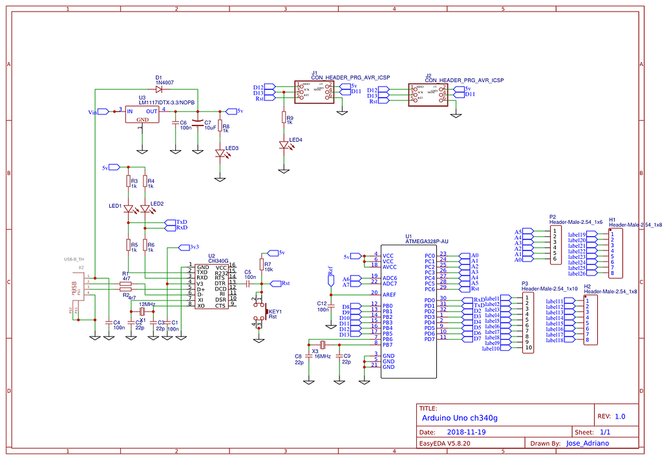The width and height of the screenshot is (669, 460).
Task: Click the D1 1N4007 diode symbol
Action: click(x=159, y=89)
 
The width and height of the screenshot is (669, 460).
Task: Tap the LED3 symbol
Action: click(x=220, y=153)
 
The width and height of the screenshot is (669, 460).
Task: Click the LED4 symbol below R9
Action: click(x=283, y=145)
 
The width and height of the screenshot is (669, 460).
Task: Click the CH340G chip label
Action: click(x=218, y=261)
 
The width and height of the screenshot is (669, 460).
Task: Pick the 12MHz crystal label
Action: click(x=147, y=304)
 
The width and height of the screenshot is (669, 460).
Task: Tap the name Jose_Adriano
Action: click(x=588, y=444)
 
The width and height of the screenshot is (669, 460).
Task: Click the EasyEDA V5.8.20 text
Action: click(x=445, y=444)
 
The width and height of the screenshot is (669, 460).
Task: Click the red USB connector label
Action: click(x=74, y=287)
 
